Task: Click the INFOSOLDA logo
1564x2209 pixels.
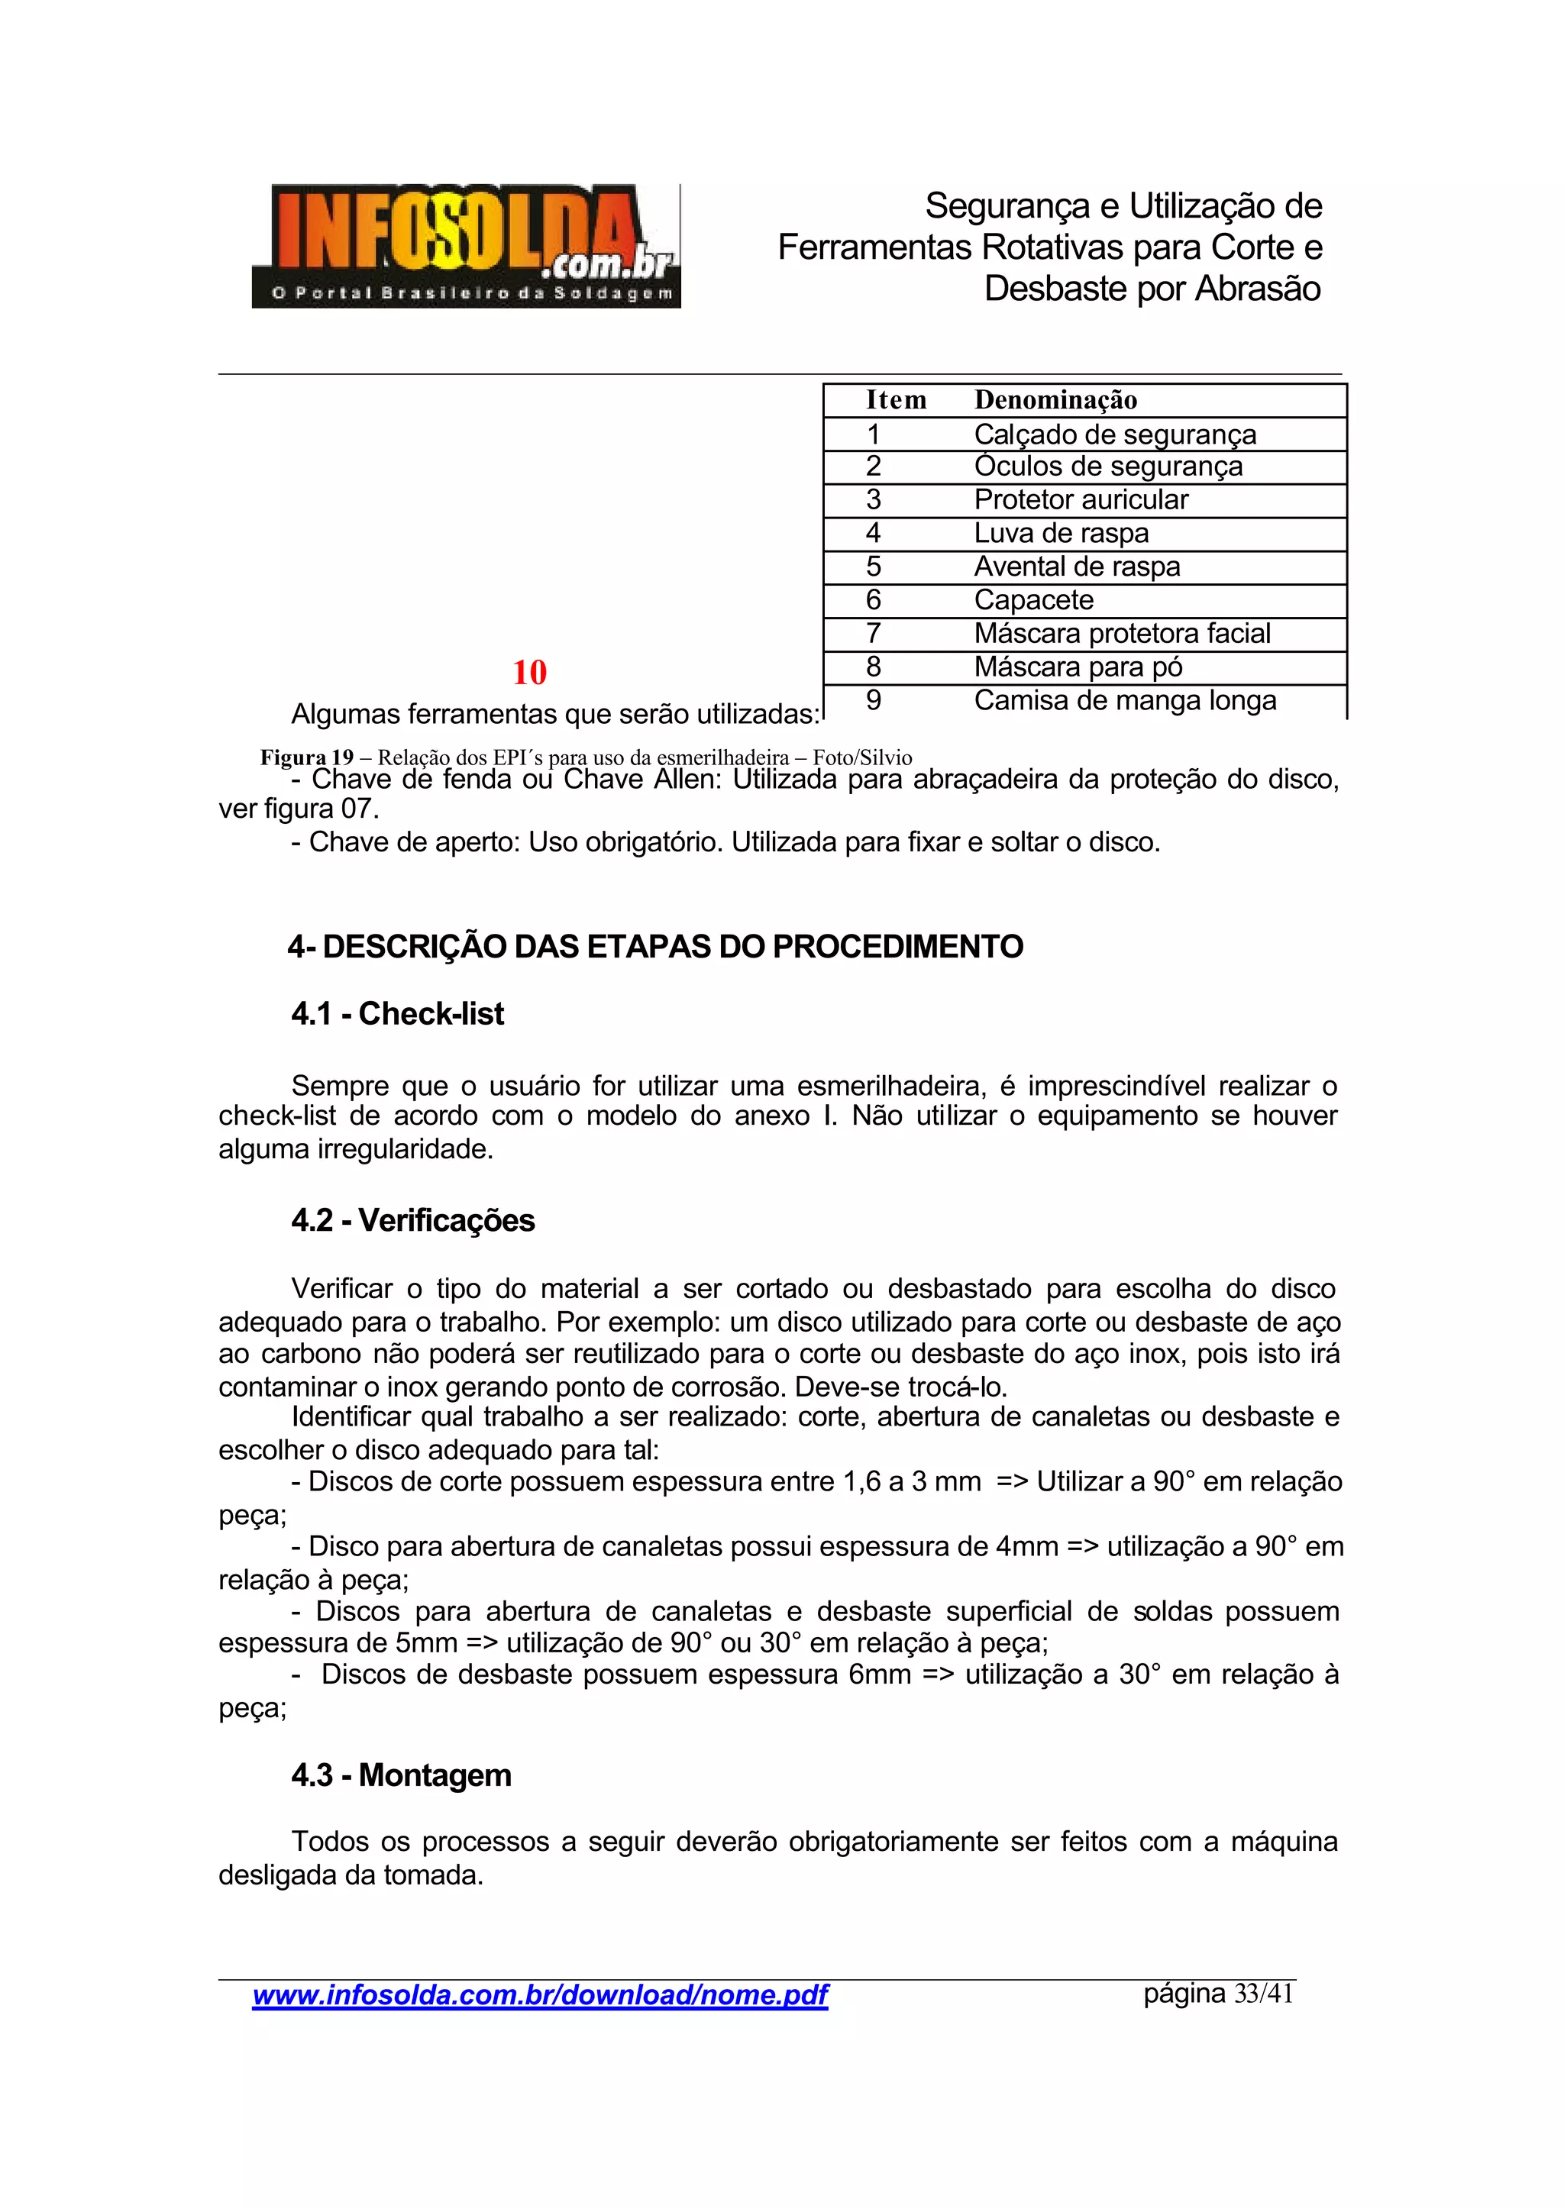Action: point(466,246)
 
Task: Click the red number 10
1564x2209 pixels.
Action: point(530,672)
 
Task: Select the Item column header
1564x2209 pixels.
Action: point(896,399)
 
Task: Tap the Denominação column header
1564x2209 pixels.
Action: point(1055,399)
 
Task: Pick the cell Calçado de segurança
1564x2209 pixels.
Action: point(1114,434)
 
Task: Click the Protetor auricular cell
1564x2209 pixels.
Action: point(1081,500)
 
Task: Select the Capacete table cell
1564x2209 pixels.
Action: point(1033,600)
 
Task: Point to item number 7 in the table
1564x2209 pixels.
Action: point(874,634)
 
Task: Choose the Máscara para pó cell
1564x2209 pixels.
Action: point(1078,667)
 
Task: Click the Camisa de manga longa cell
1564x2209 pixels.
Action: point(1125,701)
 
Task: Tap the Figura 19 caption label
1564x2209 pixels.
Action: point(306,757)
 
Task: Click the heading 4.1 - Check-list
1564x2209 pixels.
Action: point(398,1013)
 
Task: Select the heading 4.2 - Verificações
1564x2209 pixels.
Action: point(413,1220)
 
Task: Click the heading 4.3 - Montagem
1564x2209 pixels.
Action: point(402,1775)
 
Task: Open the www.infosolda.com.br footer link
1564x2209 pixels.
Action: point(539,1995)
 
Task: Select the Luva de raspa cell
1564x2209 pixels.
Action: point(1062,534)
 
